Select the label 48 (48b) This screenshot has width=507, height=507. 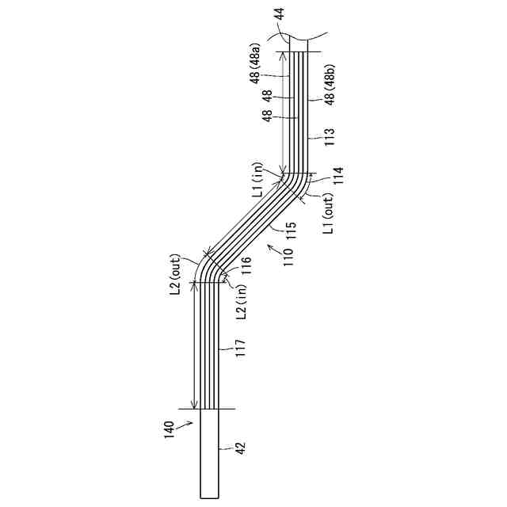pyautogui.click(x=330, y=85)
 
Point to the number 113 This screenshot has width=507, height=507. pyautogui.click(x=330, y=137)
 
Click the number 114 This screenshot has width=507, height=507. pyautogui.click(x=338, y=176)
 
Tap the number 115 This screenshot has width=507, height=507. pyautogui.click(x=292, y=231)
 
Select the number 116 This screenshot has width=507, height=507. pyautogui.click(x=246, y=266)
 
